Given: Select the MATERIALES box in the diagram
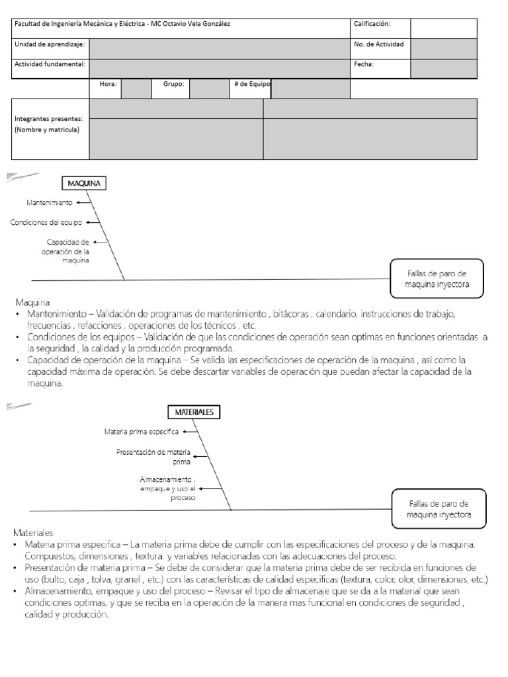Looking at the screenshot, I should point(194,412).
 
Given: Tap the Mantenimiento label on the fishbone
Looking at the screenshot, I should point(50,202).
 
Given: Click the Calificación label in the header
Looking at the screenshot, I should point(372,24).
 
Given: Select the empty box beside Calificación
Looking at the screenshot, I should point(443,28).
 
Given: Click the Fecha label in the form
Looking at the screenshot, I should point(364,65).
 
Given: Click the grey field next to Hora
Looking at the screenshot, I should point(136,89).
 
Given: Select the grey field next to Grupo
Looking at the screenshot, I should point(209,89).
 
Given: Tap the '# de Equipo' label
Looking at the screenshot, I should point(251,84).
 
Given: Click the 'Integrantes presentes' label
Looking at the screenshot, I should point(48,118).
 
